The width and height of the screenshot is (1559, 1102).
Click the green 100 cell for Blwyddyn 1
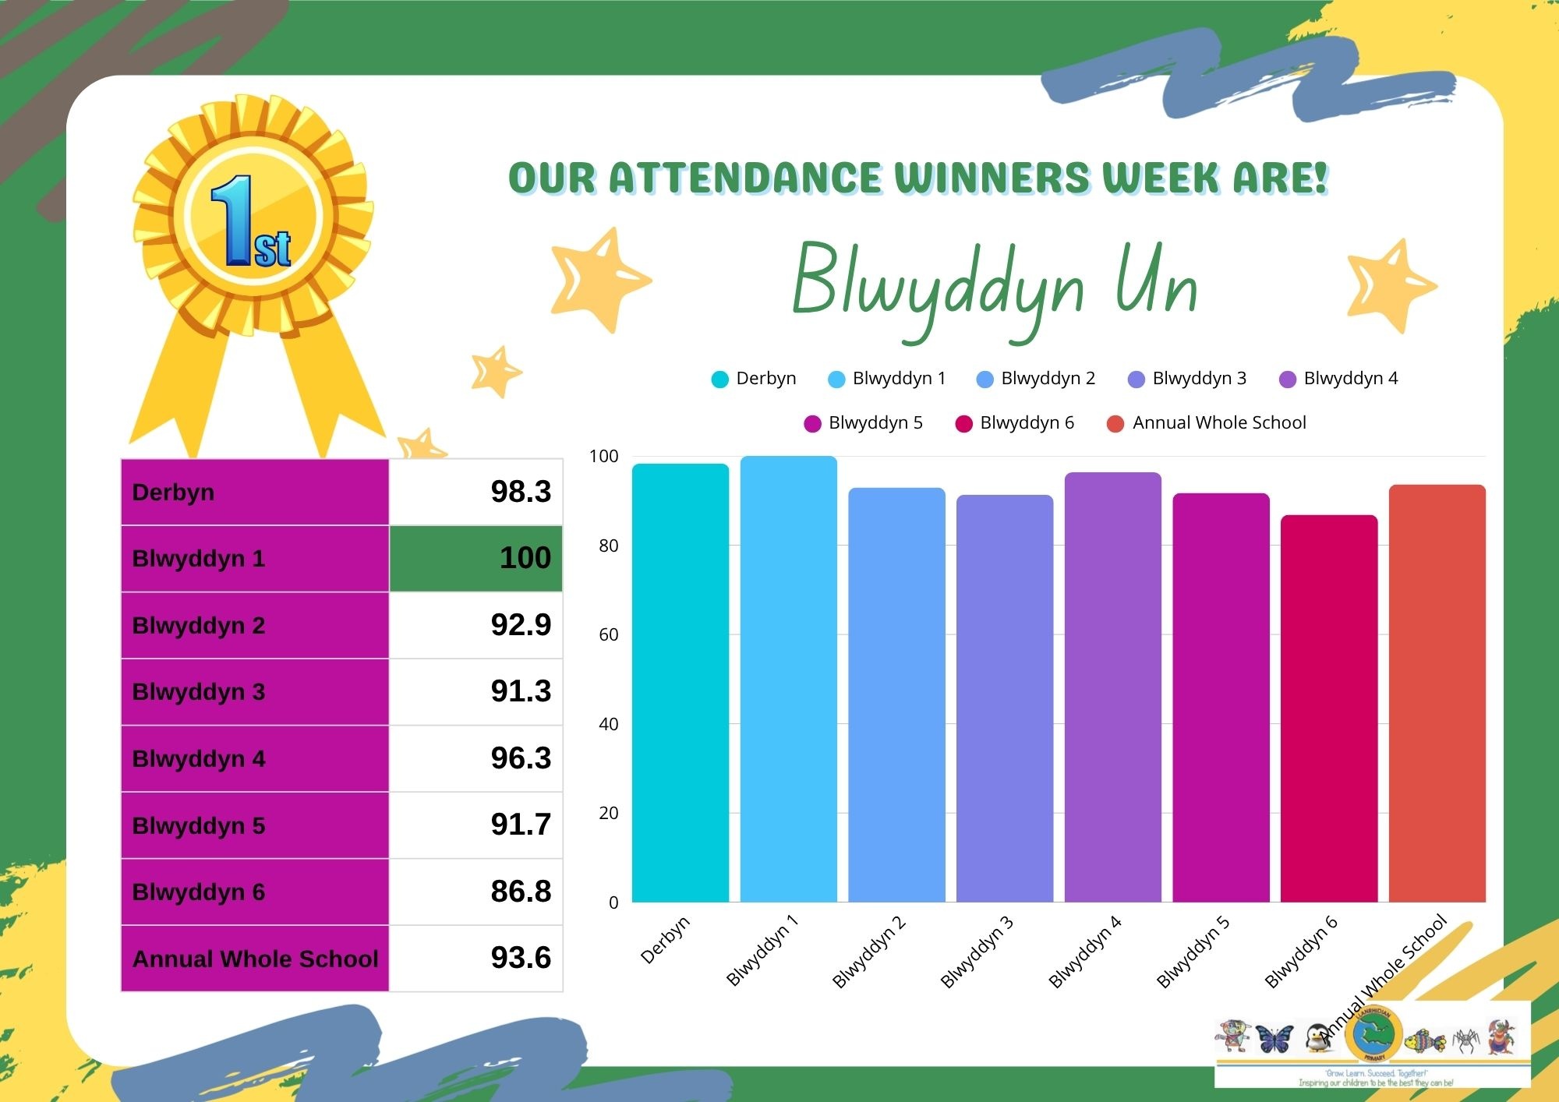476,558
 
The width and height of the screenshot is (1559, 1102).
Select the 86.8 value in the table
521,891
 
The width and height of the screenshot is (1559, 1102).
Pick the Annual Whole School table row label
254,959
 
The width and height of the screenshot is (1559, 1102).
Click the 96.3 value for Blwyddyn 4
521,758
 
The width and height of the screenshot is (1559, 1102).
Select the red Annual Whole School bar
1437,694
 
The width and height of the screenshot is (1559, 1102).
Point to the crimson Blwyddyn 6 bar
1328,708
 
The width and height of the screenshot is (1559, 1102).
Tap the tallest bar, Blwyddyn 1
788,679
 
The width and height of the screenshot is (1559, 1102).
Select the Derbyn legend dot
719,380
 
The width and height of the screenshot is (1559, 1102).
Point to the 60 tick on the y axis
608,634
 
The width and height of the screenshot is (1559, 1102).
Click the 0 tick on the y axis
613,902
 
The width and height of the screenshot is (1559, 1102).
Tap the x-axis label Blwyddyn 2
868,952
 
